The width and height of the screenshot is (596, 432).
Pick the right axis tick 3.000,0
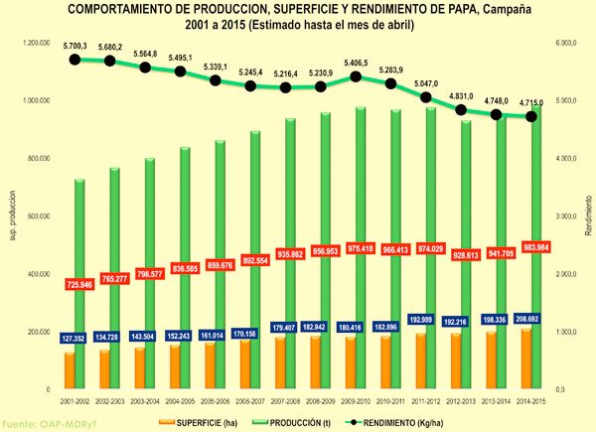[571, 216]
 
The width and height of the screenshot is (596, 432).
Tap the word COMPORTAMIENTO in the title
[119, 9]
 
